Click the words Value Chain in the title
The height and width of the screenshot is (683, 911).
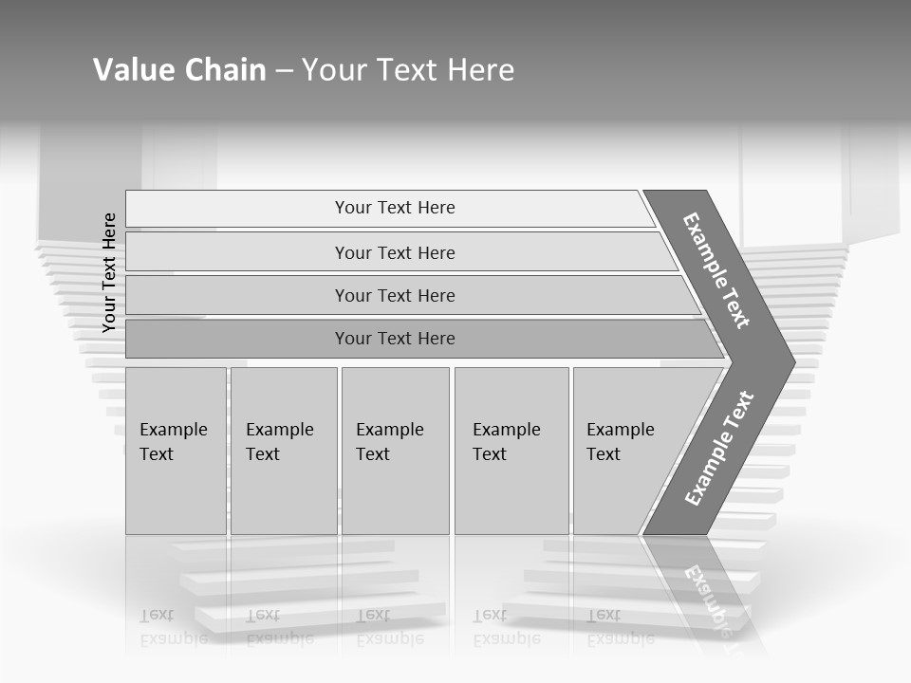click(x=179, y=70)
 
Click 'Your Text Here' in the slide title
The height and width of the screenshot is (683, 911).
click(x=408, y=70)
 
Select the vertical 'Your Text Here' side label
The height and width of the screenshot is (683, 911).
click(x=109, y=272)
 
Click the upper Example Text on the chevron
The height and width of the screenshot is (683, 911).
click(x=716, y=270)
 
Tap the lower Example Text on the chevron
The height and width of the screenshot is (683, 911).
click(x=718, y=449)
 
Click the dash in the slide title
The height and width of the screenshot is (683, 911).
click(x=284, y=71)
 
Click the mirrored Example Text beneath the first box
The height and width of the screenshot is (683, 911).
click(x=174, y=627)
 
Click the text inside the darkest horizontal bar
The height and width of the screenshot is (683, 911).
click(x=395, y=339)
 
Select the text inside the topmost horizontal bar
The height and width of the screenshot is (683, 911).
click(x=395, y=208)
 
